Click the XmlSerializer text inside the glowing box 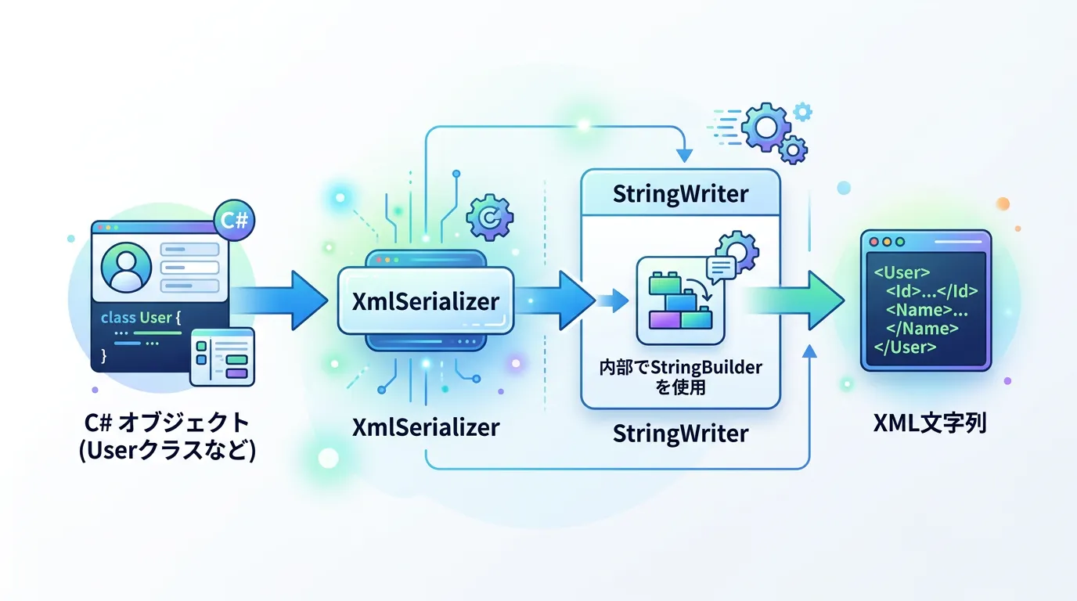425,300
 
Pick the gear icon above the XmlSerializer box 489,217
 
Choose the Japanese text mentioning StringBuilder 679,377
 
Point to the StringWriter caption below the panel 679,433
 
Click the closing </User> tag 905,347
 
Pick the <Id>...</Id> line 931,292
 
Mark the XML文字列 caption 929,423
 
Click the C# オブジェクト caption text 167,423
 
